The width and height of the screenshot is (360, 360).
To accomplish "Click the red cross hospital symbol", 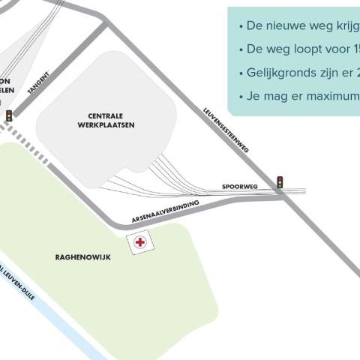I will (x=140, y=242).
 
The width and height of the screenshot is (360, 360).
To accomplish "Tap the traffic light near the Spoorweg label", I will (x=280, y=182).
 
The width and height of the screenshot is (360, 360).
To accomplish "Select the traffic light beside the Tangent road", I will (x=9, y=115).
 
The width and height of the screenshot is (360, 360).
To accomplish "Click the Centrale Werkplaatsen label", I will (x=106, y=121).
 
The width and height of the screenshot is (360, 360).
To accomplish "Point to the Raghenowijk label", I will (x=82, y=257).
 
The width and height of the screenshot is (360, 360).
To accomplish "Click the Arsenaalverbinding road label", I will (x=165, y=212).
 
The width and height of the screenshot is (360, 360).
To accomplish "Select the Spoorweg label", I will (x=240, y=186).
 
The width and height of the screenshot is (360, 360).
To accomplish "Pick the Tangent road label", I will (x=39, y=83).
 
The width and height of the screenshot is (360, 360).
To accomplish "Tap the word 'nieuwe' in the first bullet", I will (x=286, y=26).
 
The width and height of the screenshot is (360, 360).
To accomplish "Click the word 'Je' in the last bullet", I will (x=253, y=97).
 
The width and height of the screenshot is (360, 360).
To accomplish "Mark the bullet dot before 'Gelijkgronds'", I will (x=241, y=73).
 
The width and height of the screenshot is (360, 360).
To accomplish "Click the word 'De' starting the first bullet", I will (x=254, y=26).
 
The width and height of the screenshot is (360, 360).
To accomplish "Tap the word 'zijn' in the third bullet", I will (x=335, y=73).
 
